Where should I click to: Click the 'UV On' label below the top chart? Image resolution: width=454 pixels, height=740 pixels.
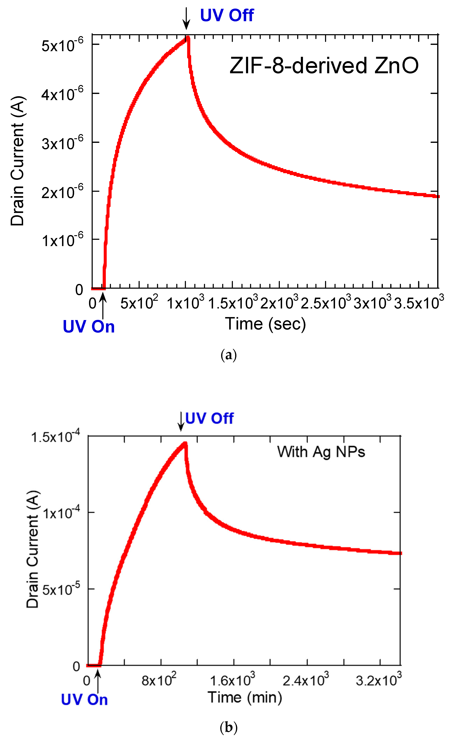click(89, 327)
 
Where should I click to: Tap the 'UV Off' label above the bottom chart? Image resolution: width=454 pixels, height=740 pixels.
click(209, 418)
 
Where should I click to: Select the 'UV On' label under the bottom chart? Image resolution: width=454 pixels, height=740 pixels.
click(84, 700)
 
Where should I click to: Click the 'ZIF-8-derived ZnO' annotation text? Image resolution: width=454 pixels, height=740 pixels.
click(324, 66)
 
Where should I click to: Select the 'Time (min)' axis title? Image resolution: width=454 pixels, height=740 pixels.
click(245, 697)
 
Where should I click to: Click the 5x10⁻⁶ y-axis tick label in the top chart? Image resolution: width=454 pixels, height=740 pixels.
click(62, 45)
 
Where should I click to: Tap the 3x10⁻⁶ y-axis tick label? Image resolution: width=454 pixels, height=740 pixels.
click(62, 143)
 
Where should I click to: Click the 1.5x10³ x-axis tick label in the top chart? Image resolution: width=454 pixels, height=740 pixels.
click(233, 303)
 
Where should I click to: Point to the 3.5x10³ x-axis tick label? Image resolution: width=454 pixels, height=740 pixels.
click(419, 303)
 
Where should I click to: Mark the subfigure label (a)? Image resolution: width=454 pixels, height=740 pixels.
click(228, 355)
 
